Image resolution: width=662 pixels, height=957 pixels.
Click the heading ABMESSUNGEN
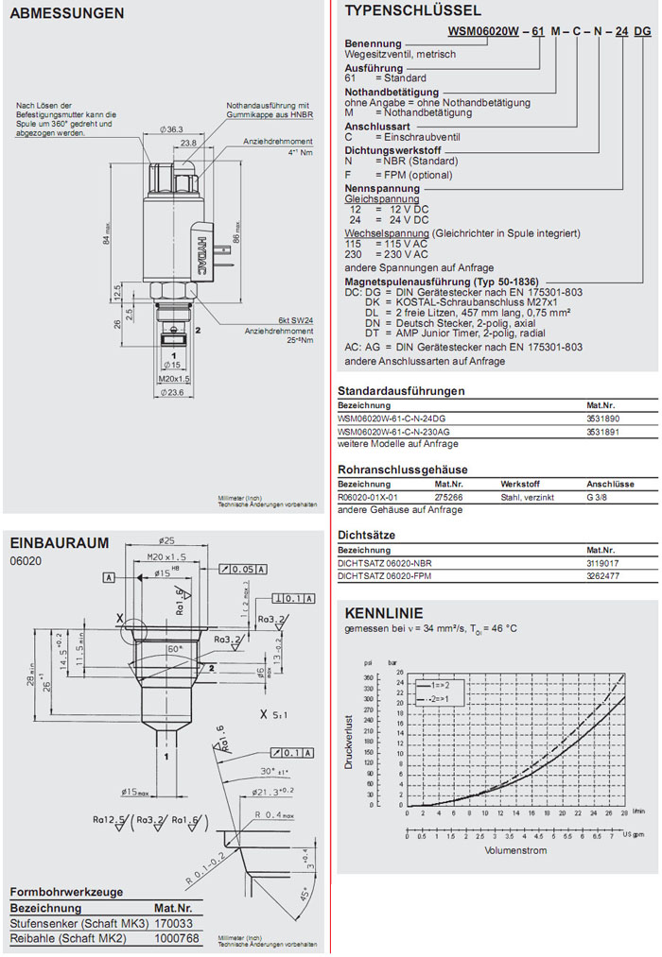66,14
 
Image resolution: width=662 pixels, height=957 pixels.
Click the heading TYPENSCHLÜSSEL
412,11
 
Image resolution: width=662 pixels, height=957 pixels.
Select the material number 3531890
603,418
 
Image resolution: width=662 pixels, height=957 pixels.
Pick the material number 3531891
603,431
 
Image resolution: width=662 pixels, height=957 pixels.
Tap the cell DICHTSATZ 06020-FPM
385,575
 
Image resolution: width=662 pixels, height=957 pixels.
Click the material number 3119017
603,562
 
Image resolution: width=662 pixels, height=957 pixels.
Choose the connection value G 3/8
602,496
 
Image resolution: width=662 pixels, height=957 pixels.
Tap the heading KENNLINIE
384,612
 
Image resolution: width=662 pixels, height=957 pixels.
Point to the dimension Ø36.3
171,128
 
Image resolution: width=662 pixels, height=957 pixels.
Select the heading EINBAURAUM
59,543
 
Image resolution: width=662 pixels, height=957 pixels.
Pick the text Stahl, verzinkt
527,496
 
